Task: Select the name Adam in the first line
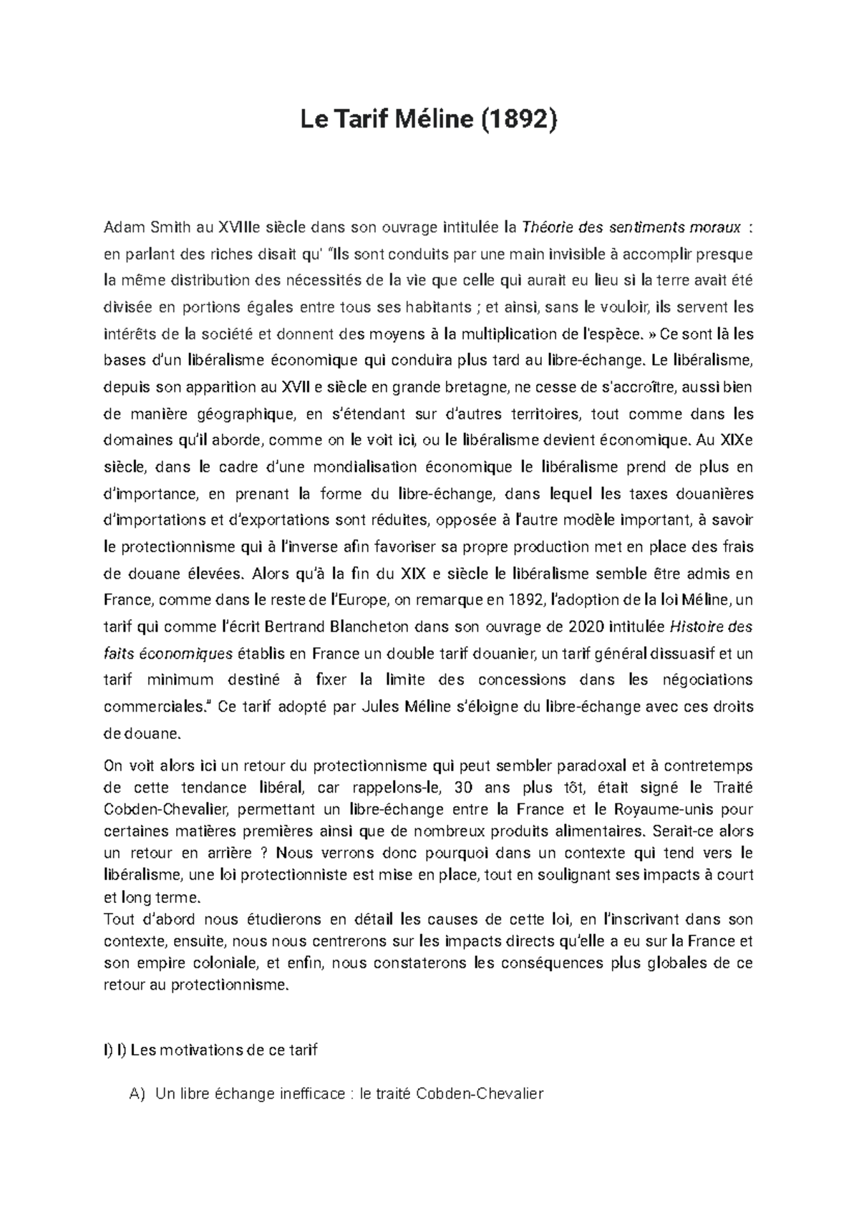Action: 123,228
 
